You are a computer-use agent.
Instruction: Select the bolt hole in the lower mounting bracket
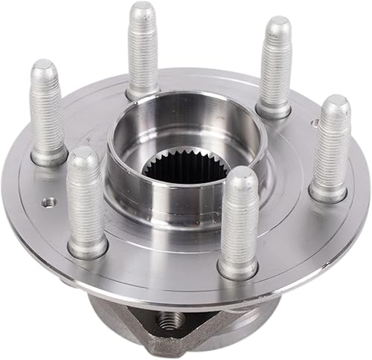pos(171,320)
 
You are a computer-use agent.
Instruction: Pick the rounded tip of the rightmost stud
pos(336,106)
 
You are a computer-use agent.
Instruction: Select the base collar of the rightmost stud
pos(327,193)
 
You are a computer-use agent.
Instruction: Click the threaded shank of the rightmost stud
pos(332,149)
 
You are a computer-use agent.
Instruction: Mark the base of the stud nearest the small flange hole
pos(88,248)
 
